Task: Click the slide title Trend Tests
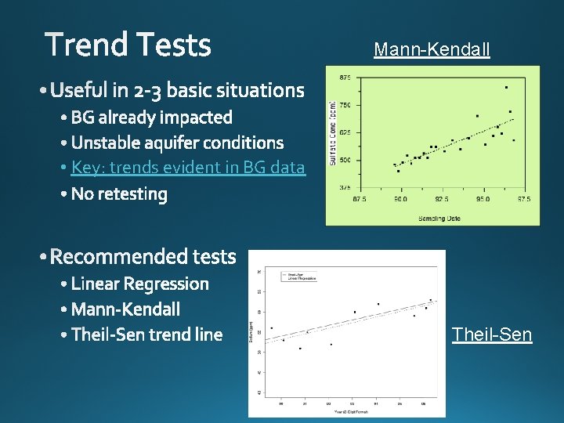tap(128, 45)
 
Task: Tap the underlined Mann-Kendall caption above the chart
tap(432, 50)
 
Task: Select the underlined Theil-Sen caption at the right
tap(491, 335)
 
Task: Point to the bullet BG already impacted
tap(151, 117)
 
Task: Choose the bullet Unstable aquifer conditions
tap(177, 143)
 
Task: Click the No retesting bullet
tap(119, 193)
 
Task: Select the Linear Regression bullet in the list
tap(139, 284)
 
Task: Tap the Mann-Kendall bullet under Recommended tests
tap(125, 309)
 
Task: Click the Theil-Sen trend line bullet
tap(146, 335)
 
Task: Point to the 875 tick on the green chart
tap(345, 78)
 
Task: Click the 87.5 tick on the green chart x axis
tap(359, 200)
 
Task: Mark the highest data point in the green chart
tap(506, 87)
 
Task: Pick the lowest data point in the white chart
tap(300, 348)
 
